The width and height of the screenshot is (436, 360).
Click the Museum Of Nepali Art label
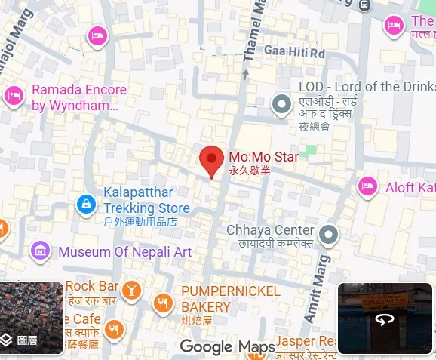[x=124, y=251]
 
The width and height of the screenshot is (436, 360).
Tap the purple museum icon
[x=40, y=251]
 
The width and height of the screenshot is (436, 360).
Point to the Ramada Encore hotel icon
[x=13, y=95]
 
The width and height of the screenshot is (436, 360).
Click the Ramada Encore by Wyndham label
[x=78, y=97]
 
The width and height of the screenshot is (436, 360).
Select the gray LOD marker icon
[x=282, y=103]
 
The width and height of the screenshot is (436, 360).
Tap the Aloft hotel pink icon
[x=367, y=185]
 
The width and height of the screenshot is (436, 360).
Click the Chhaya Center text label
[x=270, y=230]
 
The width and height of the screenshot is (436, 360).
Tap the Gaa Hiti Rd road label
[x=293, y=52]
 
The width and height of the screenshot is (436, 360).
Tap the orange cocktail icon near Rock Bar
[x=131, y=289]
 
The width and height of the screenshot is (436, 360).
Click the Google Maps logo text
[x=227, y=346]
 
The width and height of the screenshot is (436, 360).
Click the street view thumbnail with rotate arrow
[x=385, y=318]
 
